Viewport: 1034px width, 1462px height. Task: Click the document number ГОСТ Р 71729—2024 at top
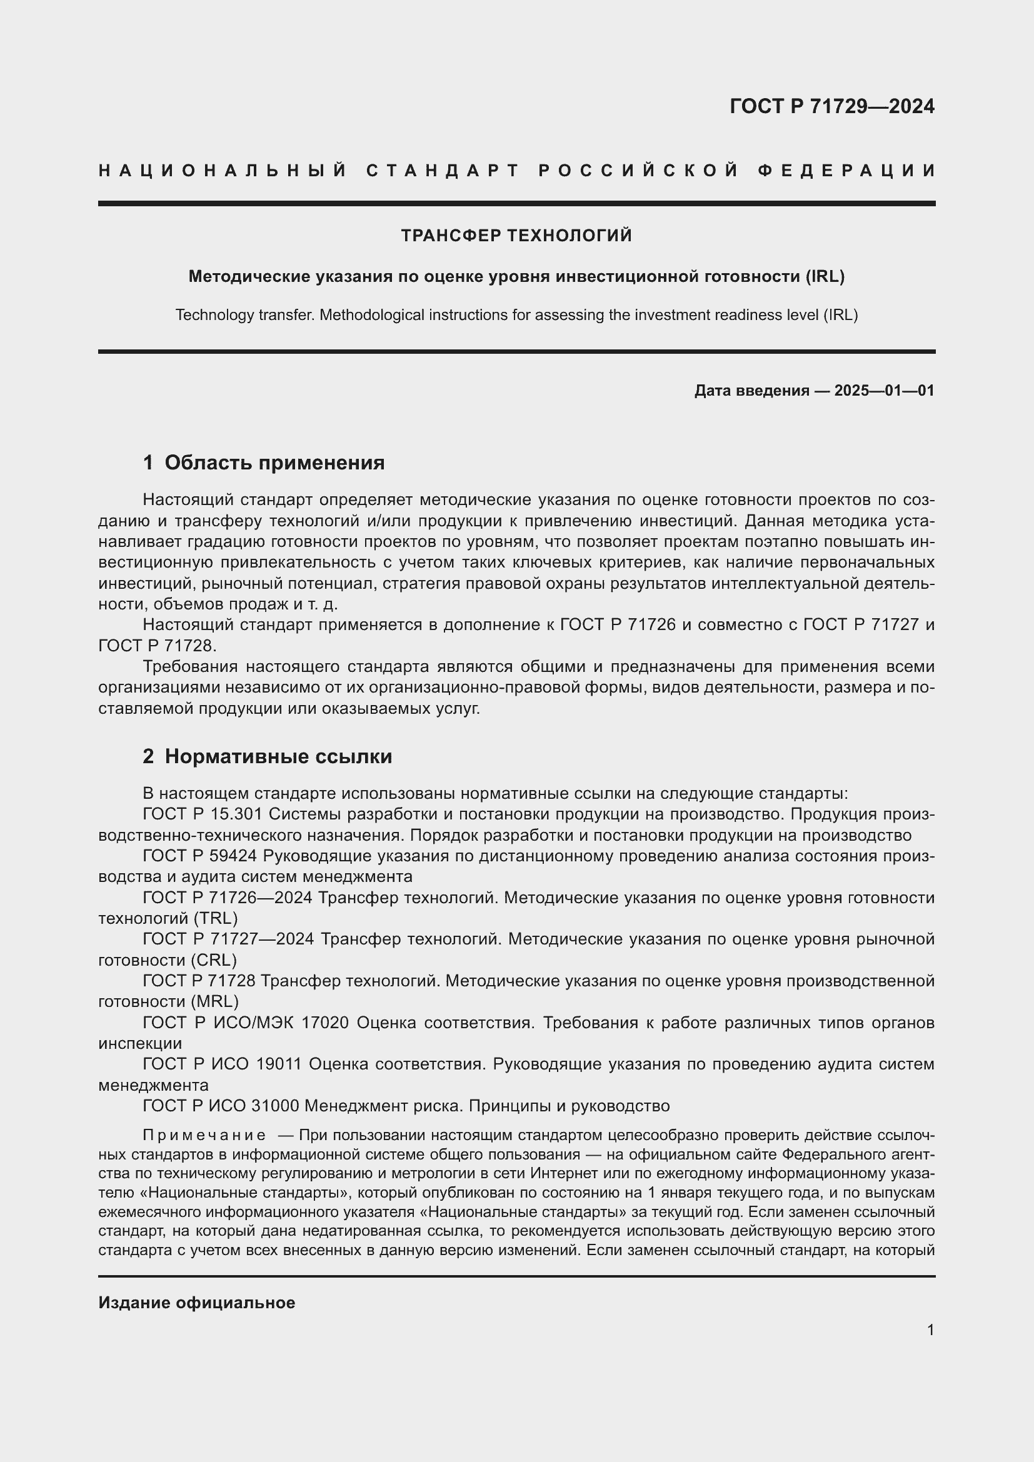pyautogui.click(x=831, y=106)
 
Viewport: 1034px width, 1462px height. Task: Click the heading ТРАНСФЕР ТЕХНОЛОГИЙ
pyautogui.click(x=516, y=236)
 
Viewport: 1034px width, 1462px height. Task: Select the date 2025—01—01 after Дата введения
pyautogui.click(x=884, y=390)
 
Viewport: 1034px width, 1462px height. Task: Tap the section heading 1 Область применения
pyautogui.click(x=264, y=463)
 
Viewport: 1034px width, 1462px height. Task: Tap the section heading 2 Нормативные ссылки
pyautogui.click(x=268, y=756)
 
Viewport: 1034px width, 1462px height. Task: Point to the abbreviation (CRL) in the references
pyautogui.click(x=214, y=959)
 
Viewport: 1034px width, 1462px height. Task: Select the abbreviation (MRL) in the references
pyautogui.click(x=214, y=1001)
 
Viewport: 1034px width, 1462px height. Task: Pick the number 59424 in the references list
pyautogui.click(x=233, y=856)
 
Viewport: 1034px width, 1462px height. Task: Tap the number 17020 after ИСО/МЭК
pyautogui.click(x=324, y=1023)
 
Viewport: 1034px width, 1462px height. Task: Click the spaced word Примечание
pyautogui.click(x=204, y=1135)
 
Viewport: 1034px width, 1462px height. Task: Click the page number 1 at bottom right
pyautogui.click(x=930, y=1330)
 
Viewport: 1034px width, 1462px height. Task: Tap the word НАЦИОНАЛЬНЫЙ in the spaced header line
pyautogui.click(x=223, y=171)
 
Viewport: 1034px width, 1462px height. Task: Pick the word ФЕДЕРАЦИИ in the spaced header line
pyautogui.click(x=846, y=171)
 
